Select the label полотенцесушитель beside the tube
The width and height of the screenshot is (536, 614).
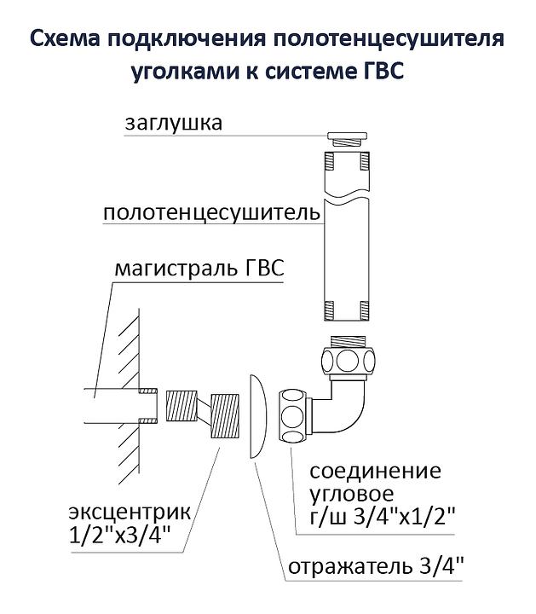click(x=211, y=212)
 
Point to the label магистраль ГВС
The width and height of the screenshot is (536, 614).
click(x=198, y=271)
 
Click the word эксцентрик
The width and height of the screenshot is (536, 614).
click(x=130, y=514)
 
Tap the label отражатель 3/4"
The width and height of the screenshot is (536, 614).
click(x=376, y=566)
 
